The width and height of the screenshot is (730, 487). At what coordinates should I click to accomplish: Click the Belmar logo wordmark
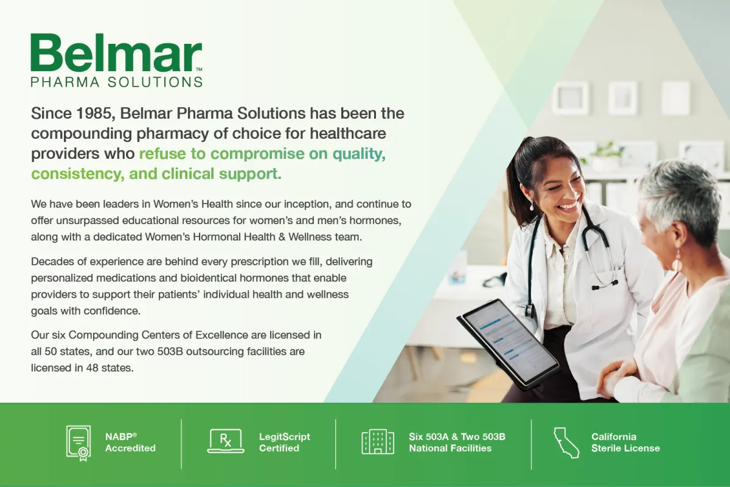coord(116,52)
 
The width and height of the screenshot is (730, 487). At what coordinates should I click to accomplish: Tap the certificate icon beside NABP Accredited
coord(78,443)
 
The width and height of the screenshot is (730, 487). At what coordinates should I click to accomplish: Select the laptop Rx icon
coord(226,441)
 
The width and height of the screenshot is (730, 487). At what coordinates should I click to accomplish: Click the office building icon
coord(378,442)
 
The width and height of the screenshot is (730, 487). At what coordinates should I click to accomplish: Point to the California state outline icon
coord(566,443)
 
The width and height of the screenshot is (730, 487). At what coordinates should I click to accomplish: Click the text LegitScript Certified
coord(285,443)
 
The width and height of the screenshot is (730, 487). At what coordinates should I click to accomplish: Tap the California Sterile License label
coord(625,443)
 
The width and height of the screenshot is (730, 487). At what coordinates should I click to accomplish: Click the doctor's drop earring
coord(532,206)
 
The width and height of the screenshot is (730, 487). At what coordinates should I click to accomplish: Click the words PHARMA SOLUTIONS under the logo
coord(116,82)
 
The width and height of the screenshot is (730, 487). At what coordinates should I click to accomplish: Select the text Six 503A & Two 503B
coord(457,436)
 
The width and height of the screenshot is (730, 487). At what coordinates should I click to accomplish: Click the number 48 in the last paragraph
coord(92,368)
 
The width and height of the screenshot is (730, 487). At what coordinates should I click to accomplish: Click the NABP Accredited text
coord(130,443)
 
